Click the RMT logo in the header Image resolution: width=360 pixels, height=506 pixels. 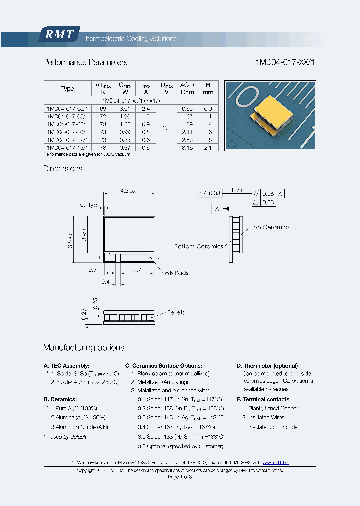(60, 34)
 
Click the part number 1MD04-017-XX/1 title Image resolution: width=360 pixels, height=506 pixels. (285, 62)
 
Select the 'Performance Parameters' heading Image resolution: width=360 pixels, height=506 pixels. (85, 62)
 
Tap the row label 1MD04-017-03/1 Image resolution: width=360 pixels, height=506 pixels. (67, 108)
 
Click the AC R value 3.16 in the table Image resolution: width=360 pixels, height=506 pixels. (187, 148)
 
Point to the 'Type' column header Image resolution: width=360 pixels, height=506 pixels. (67, 89)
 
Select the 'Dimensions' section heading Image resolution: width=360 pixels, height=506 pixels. (63, 169)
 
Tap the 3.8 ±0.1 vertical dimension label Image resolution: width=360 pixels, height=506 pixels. (71, 238)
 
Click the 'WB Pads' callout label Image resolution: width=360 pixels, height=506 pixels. (176, 273)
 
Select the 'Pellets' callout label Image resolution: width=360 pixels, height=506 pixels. (176, 312)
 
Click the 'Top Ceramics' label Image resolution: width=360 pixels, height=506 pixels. (270, 227)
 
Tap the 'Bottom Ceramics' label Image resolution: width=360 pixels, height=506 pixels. (199, 246)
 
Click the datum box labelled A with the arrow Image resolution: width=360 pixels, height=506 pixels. (217, 209)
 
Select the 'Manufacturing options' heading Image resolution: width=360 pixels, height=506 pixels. (84, 348)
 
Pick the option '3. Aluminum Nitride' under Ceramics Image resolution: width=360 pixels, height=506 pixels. (80, 427)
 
